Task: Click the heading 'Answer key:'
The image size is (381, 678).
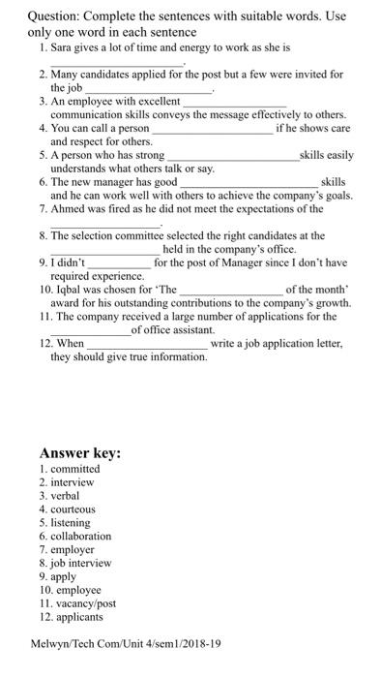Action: pyautogui.click(x=79, y=453)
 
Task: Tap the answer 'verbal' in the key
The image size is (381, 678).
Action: pyautogui.click(x=65, y=495)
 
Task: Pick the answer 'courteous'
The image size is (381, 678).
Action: pyautogui.click(x=73, y=508)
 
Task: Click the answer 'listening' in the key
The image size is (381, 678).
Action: pyautogui.click(x=71, y=522)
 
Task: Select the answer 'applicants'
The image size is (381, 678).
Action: pyautogui.click(x=76, y=616)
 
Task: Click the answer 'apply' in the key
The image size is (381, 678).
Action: pyautogui.click(x=64, y=576)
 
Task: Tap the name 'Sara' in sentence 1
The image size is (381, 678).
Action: pyautogui.click(x=63, y=46)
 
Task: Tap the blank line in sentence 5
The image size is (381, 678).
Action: pyautogui.click(x=233, y=157)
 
